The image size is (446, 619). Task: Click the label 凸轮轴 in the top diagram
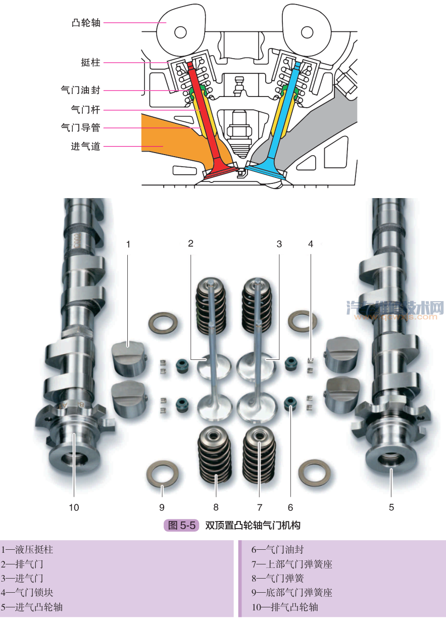[x=85, y=23]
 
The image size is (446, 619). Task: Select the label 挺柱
[x=90, y=63]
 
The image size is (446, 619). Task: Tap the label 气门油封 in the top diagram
[x=80, y=90]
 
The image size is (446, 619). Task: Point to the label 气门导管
[x=80, y=128]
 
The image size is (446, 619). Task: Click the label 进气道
[x=85, y=147]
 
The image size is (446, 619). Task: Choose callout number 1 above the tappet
[x=128, y=244]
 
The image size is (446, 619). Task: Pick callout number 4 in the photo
[x=311, y=244]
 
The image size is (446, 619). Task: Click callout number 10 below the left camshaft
[x=74, y=507]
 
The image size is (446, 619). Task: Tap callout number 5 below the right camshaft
[x=391, y=507]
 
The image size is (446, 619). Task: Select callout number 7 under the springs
[x=260, y=507]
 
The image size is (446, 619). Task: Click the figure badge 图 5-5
[x=181, y=526]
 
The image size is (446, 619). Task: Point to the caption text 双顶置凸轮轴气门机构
[x=253, y=526]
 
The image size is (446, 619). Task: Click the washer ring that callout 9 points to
[x=162, y=472]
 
